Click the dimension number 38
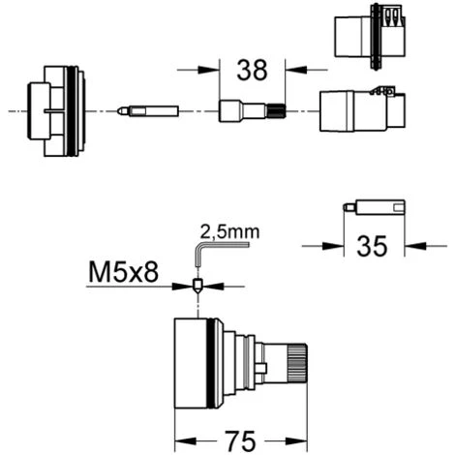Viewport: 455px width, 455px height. [252, 70]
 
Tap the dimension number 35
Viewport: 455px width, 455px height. [372, 246]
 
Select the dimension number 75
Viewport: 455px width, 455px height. [241, 441]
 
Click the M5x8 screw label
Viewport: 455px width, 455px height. [124, 272]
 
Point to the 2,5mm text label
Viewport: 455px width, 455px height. [229, 231]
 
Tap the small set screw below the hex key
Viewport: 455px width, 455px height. [197, 286]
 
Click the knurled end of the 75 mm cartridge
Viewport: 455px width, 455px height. [297, 363]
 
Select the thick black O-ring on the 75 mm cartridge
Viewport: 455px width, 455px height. [211, 363]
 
